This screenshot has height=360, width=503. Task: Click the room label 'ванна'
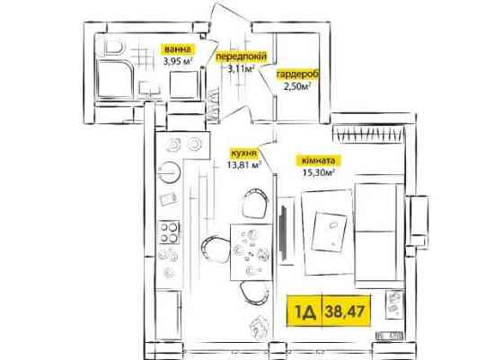click(x=178, y=49)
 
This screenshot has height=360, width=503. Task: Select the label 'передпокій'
click(x=241, y=57)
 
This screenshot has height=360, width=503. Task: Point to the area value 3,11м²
click(x=241, y=68)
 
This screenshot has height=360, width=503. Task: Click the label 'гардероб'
click(x=297, y=75)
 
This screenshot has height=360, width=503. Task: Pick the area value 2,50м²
click(x=297, y=86)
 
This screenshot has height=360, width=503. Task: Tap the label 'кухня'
click(x=243, y=154)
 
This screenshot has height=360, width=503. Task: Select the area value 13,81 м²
click(x=244, y=165)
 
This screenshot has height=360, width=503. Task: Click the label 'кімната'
click(x=318, y=161)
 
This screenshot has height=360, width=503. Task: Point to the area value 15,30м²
click(x=319, y=172)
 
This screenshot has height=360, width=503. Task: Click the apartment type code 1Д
click(x=304, y=311)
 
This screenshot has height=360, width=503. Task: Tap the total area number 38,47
click(x=345, y=311)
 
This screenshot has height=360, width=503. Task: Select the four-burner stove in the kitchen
click(x=169, y=233)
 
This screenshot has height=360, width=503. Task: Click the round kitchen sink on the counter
click(x=170, y=172)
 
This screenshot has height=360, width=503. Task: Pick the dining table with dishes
click(x=251, y=251)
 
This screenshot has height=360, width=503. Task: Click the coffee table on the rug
click(x=330, y=230)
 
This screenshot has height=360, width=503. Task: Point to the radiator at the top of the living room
click(x=368, y=133)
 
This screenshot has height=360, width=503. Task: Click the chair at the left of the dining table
click(x=215, y=250)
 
